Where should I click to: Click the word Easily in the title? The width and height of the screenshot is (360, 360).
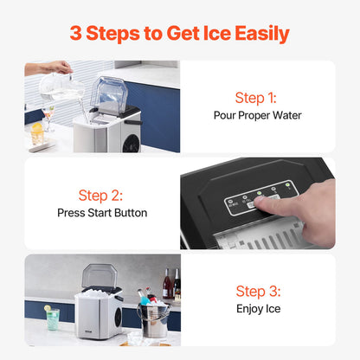[258, 34]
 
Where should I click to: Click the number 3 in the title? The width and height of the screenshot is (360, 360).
[76, 34]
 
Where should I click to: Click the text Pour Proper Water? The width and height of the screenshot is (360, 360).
[257, 114]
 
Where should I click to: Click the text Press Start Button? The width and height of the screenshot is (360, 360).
[102, 212]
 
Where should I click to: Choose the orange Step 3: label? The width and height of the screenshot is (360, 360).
[257, 292]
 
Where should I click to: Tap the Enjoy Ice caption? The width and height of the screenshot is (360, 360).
[257, 308]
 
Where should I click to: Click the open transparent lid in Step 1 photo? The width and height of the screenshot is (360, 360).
[108, 93]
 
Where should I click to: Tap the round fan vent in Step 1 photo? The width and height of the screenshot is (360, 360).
[131, 140]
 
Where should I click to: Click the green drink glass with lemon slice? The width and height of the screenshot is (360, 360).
[53, 318]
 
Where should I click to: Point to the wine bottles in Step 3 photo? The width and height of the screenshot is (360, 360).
[171, 284]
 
